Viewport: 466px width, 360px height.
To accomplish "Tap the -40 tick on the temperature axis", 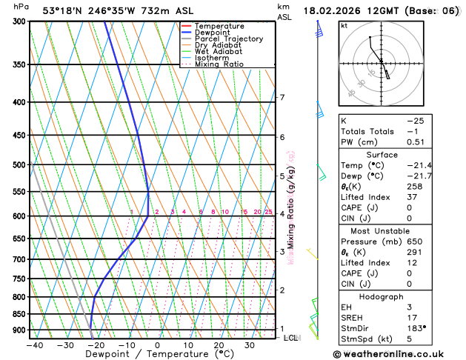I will (x=34, y=344).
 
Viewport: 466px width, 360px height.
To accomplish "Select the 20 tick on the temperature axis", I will (x=219, y=344).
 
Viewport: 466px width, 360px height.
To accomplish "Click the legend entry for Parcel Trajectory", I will (x=228, y=39).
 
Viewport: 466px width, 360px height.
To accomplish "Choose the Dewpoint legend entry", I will (x=213, y=32).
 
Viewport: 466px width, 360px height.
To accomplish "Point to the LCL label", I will (x=291, y=338).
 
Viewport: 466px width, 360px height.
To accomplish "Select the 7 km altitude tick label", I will (x=282, y=98).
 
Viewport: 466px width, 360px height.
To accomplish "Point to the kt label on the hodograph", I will (x=344, y=25).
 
